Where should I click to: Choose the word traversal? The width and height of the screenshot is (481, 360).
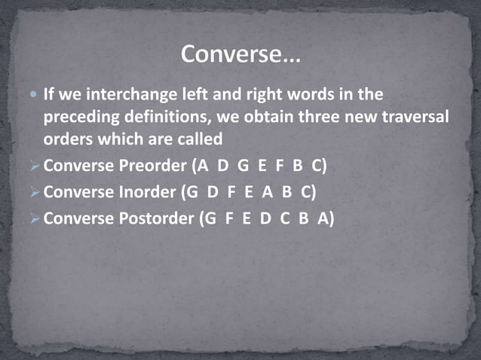pos(409,118)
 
